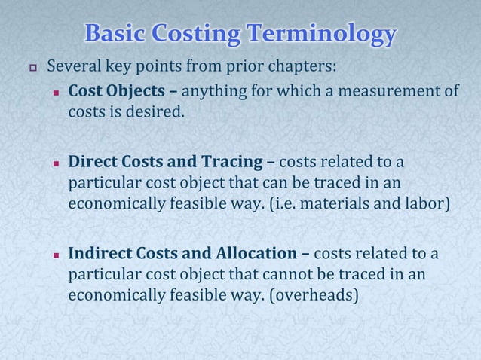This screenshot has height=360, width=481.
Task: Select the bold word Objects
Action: point(136,92)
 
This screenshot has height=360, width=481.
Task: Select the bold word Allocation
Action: point(264,252)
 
